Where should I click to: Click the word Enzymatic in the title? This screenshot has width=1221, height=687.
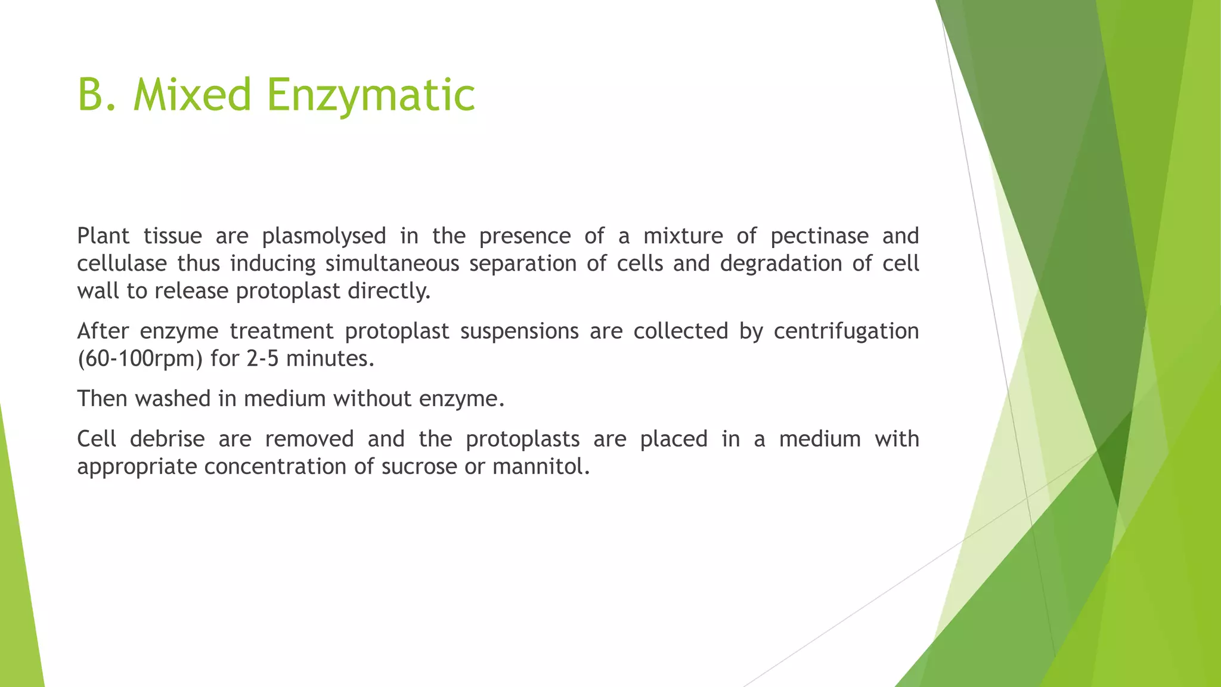tap(370, 95)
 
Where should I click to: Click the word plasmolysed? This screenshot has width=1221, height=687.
tap(324, 237)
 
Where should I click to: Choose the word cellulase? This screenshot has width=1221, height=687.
tap(122, 264)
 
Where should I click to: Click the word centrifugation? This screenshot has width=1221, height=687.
tap(846, 332)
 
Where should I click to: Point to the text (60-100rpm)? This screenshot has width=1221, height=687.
tap(140, 359)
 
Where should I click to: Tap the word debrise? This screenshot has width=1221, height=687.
tap(167, 440)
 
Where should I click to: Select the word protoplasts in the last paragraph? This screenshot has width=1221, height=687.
tap(522, 440)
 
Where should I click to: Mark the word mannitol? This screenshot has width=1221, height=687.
tap(541, 467)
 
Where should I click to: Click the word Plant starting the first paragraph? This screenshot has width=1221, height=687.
tap(103, 237)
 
